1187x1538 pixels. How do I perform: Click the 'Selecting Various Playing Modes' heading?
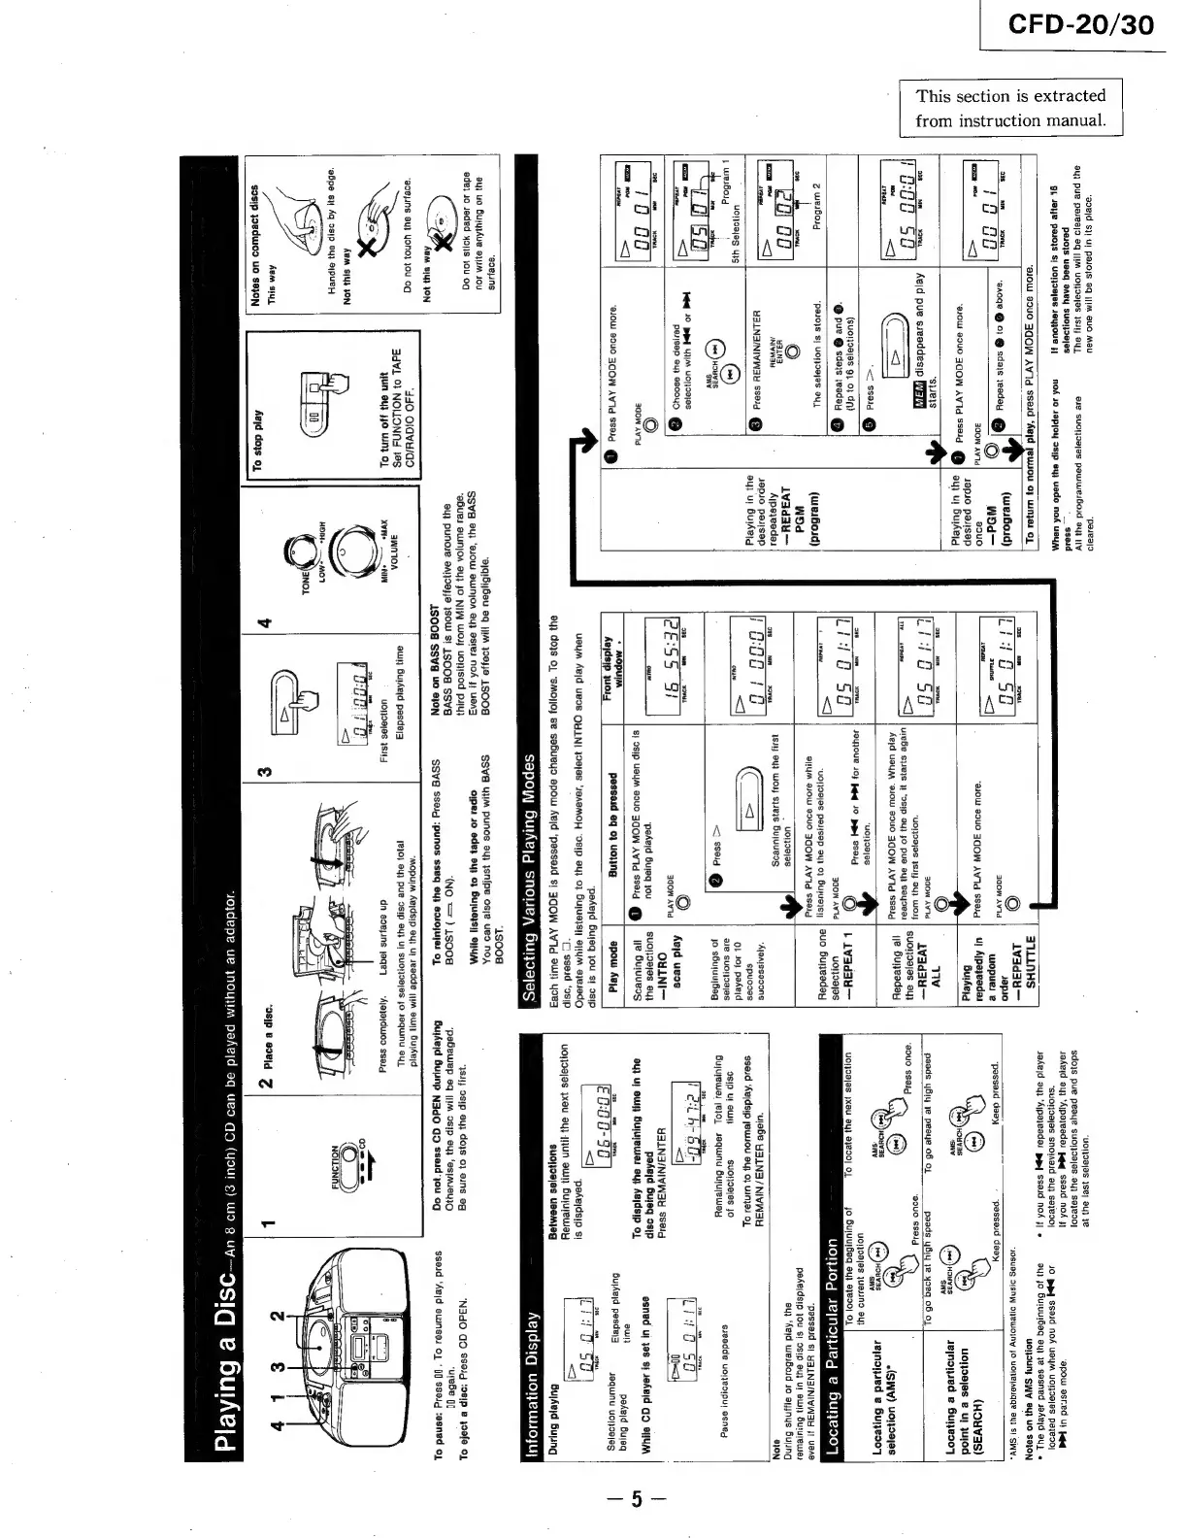click(x=530, y=874)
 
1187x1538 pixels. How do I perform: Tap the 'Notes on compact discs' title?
click(x=258, y=247)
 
